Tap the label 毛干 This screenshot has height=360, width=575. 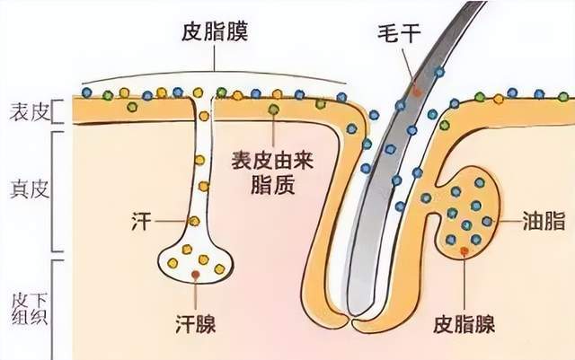coord(395,37)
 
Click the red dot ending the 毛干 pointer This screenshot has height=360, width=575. coord(416,92)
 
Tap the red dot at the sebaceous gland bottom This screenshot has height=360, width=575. coord(464,250)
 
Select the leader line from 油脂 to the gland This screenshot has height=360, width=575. coord(503,220)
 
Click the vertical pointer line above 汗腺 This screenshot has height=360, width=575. coord(196,292)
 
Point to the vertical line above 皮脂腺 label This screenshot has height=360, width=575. coord(464,278)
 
